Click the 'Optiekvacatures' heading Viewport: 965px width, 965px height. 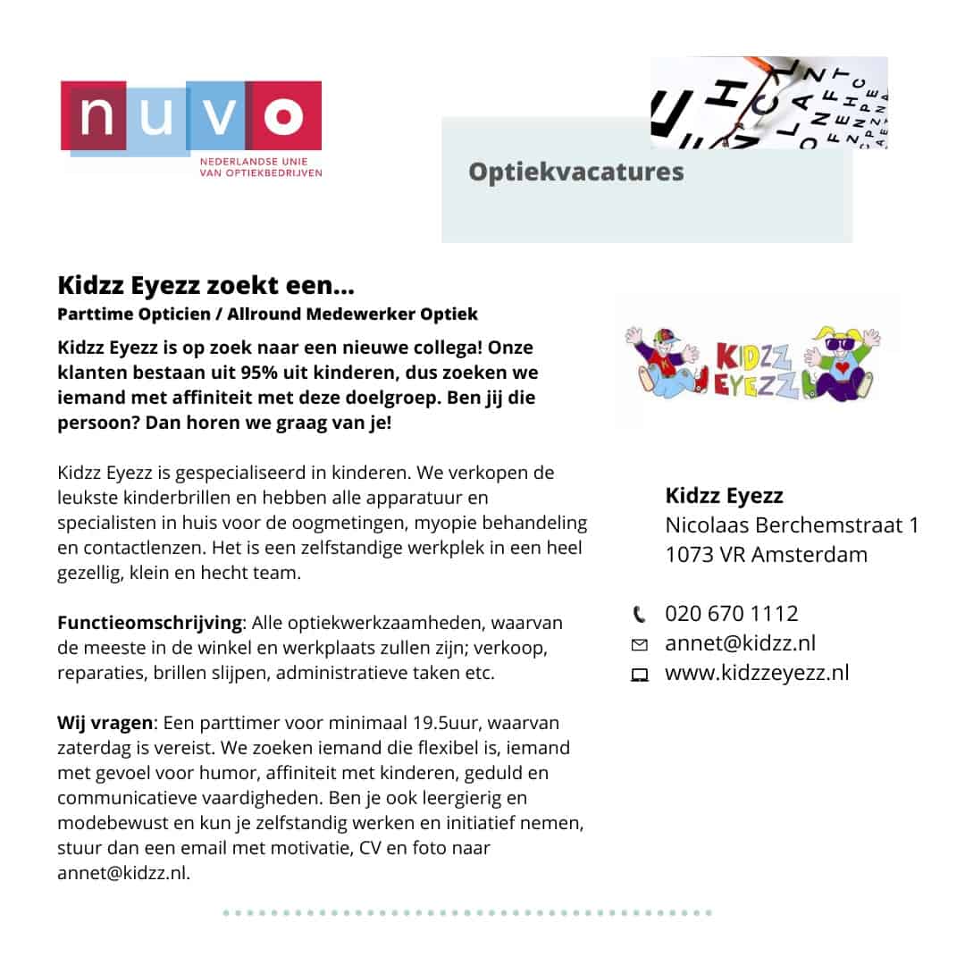click(575, 171)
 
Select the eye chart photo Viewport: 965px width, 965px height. click(768, 102)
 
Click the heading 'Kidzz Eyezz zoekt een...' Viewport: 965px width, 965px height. click(206, 286)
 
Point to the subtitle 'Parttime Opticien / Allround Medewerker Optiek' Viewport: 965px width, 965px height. click(267, 314)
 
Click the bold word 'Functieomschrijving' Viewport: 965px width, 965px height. click(149, 622)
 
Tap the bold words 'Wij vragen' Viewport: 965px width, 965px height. click(105, 722)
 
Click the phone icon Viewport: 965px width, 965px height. click(639, 614)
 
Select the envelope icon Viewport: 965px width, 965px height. click(639, 644)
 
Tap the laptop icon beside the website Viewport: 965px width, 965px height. click(639, 675)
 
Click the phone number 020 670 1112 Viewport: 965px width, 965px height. click(731, 613)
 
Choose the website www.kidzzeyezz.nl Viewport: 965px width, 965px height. click(756, 672)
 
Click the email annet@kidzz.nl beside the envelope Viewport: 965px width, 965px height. click(740, 642)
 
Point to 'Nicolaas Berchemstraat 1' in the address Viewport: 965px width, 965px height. click(792, 524)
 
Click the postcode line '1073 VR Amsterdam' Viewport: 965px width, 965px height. click(766, 554)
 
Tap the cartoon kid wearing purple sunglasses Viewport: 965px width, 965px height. click(843, 364)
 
